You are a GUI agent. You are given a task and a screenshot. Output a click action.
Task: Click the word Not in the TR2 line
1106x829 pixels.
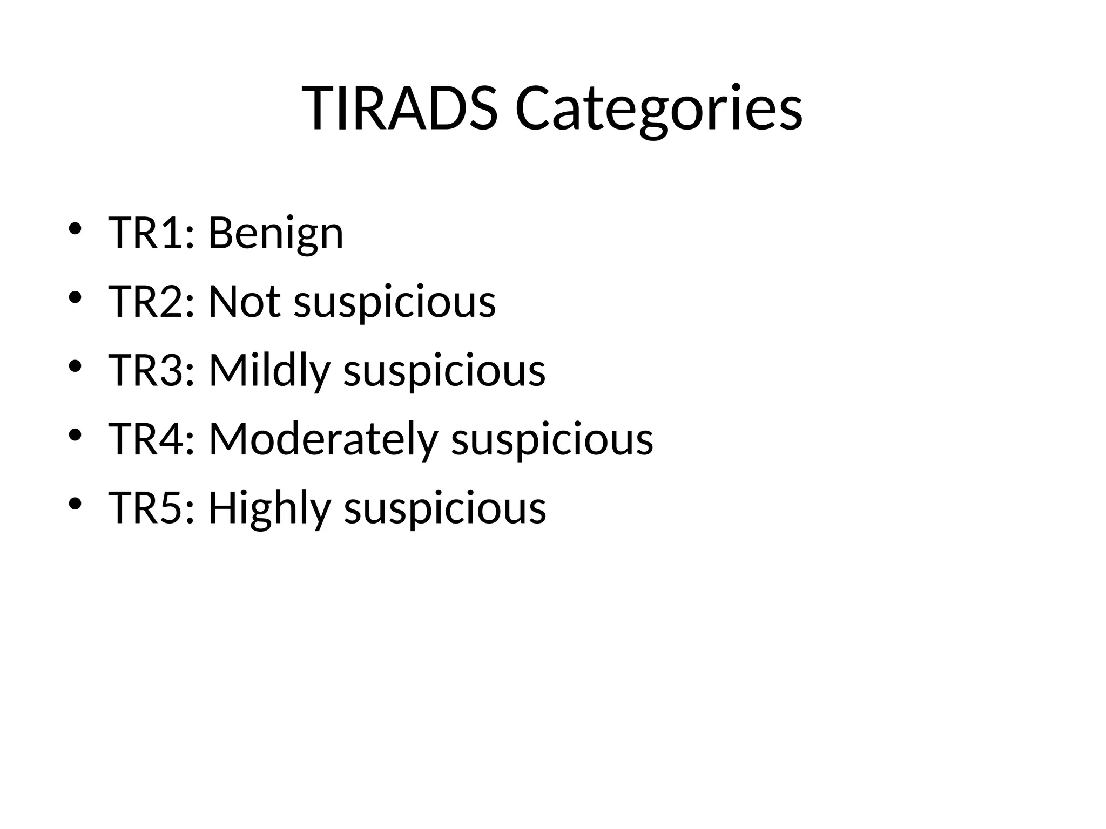[244, 302]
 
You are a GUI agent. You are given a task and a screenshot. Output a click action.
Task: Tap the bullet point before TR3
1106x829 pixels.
[75, 366]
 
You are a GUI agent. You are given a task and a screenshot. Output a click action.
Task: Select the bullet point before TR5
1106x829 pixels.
[75, 504]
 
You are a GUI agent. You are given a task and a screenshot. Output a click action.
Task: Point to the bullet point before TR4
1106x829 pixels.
[75, 434]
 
